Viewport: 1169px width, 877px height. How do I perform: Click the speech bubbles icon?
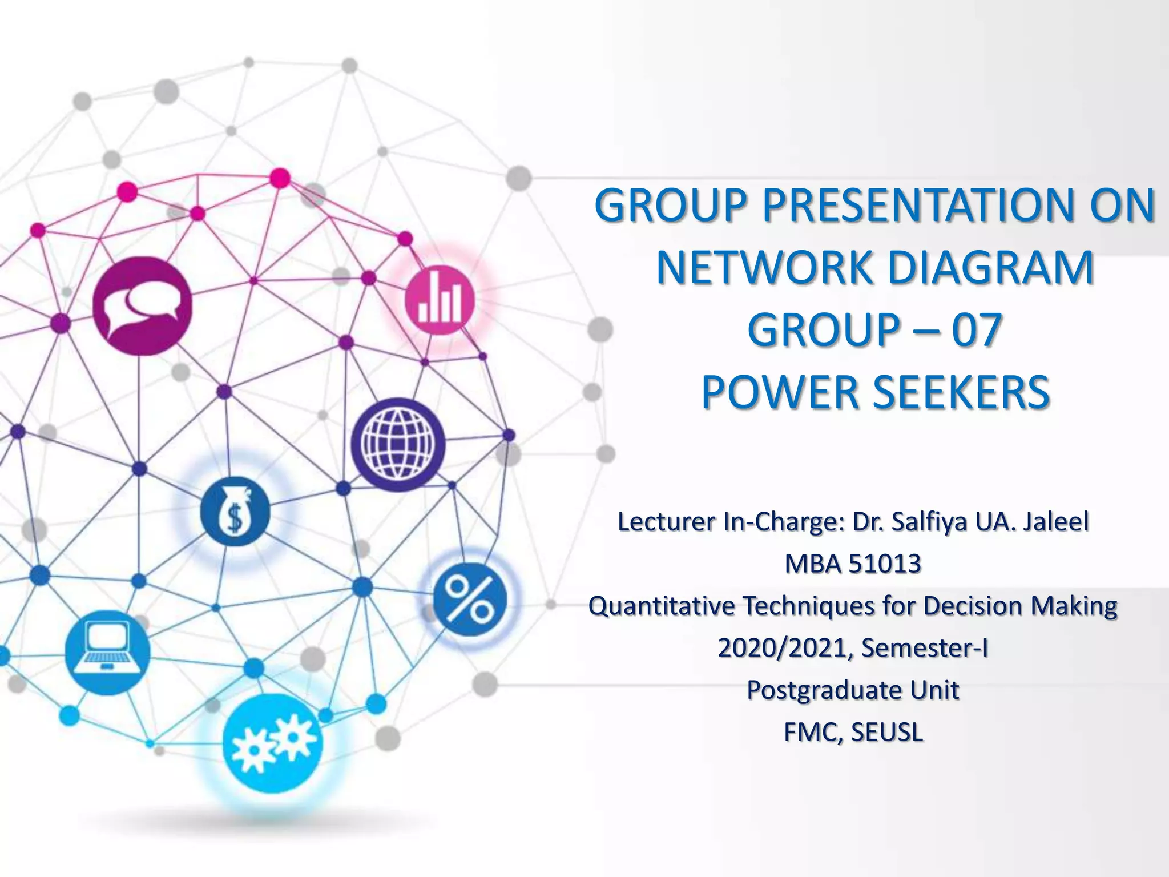point(142,305)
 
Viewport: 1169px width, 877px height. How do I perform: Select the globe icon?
point(398,444)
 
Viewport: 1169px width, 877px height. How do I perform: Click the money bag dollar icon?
point(235,511)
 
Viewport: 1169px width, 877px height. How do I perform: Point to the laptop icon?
point(107,652)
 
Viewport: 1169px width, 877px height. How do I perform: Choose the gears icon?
point(273,743)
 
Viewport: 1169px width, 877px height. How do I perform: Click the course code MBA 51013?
point(853,564)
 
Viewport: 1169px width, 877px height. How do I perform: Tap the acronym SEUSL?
point(886,733)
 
